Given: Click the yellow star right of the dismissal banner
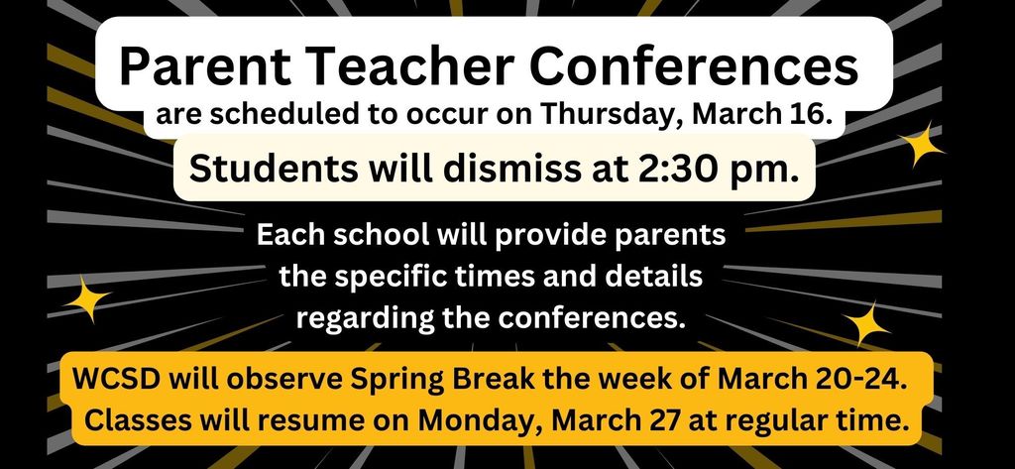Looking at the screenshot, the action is (x=919, y=145).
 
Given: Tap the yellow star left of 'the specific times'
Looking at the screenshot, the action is (x=87, y=298).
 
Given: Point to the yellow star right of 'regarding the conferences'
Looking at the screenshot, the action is (x=866, y=324).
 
